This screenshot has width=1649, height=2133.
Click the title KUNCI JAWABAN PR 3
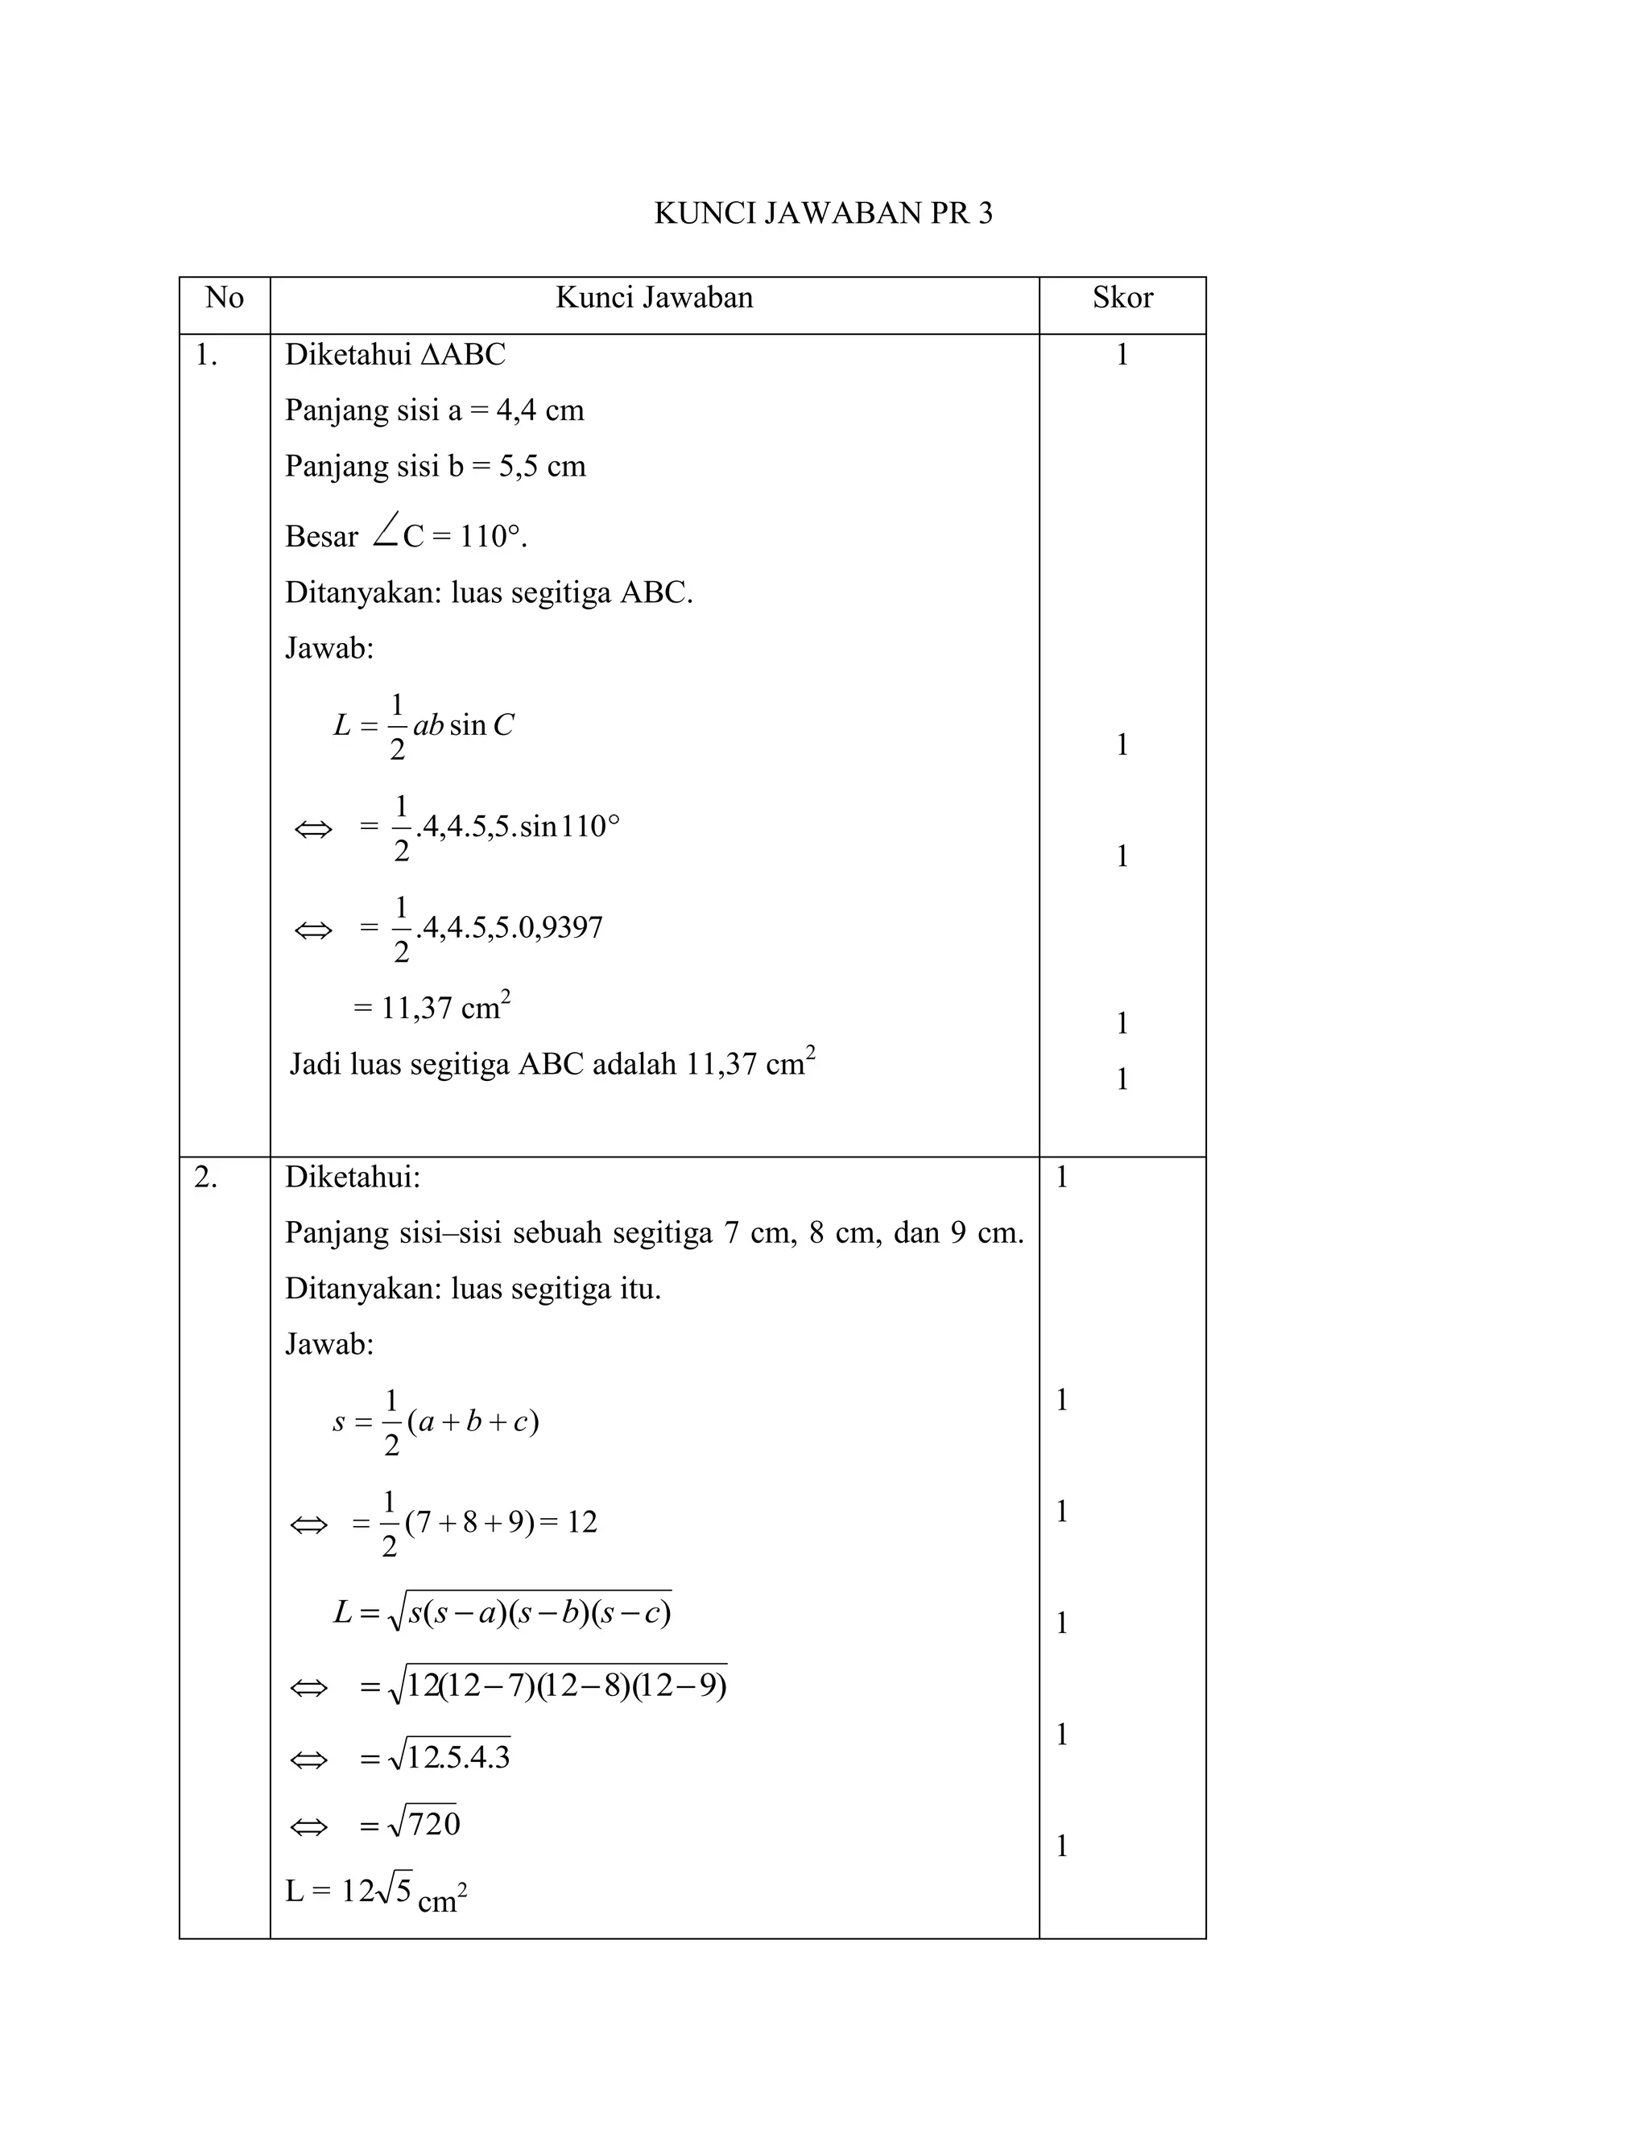pyautogui.click(x=823, y=213)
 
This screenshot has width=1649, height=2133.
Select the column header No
pyautogui.click(x=225, y=298)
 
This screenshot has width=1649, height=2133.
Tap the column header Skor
pyautogui.click(x=1122, y=298)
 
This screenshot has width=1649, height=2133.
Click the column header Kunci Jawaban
pyautogui.click(x=655, y=298)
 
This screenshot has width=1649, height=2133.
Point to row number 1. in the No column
pyautogui.click(x=205, y=356)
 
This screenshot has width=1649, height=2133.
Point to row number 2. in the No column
pyautogui.click(x=205, y=1178)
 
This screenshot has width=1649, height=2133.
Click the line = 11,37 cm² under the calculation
pyautogui.click(x=432, y=1007)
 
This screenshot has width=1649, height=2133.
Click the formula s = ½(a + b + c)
pyautogui.click(x=436, y=1421)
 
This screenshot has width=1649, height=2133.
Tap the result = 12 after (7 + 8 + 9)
pyautogui.click(x=568, y=1521)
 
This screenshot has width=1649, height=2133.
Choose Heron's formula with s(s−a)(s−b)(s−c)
pyautogui.click(x=502, y=1612)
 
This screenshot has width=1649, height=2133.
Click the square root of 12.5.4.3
pyautogui.click(x=449, y=1757)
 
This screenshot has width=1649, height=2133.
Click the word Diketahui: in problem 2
pyautogui.click(x=352, y=1178)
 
